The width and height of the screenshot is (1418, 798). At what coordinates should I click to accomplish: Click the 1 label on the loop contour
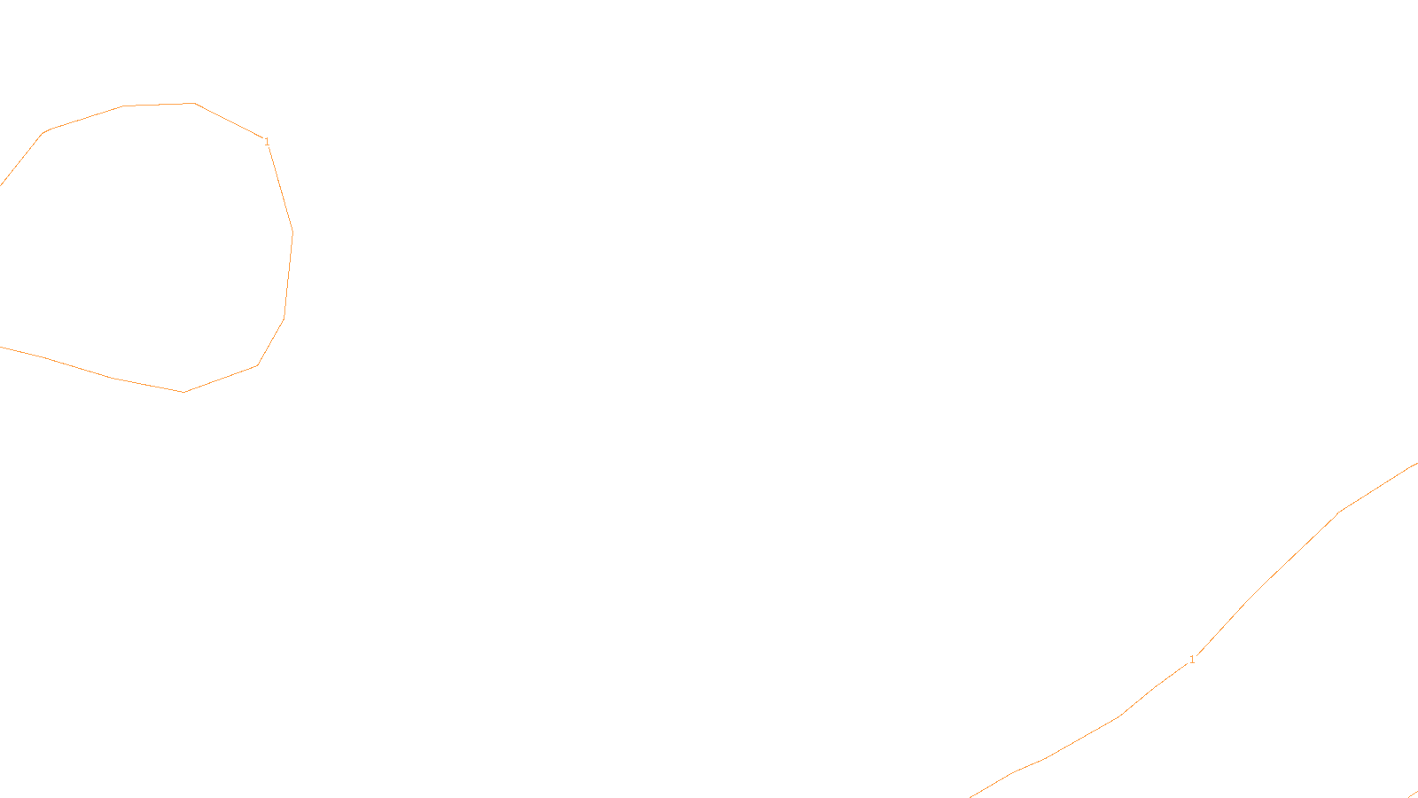(x=267, y=142)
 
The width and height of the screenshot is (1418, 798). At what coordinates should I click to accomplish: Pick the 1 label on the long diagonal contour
(x=1192, y=660)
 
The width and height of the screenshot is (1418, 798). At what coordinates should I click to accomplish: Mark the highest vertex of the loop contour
(x=195, y=104)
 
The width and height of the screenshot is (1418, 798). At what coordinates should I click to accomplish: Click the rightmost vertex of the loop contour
(x=292, y=232)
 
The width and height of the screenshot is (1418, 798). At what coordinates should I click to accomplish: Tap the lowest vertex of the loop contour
(x=184, y=392)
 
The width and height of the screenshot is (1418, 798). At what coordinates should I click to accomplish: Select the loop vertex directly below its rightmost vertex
(x=284, y=318)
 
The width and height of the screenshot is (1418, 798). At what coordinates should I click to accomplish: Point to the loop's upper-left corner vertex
(x=44, y=132)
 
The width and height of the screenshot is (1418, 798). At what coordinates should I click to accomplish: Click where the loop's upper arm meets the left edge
(x=2, y=184)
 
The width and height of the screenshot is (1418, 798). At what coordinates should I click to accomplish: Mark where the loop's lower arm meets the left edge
(x=2, y=347)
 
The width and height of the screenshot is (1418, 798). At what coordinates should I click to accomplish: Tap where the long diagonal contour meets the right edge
(x=1415, y=464)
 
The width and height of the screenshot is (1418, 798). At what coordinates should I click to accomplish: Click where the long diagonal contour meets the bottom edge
(x=971, y=795)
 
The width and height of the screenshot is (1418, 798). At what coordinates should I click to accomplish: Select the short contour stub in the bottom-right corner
(x=1412, y=794)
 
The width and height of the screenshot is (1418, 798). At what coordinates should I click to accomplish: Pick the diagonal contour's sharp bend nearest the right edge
(x=1339, y=512)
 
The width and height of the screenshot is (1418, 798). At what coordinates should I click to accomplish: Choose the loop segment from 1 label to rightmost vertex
(x=280, y=188)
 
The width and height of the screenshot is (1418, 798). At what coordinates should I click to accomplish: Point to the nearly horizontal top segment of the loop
(x=160, y=105)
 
